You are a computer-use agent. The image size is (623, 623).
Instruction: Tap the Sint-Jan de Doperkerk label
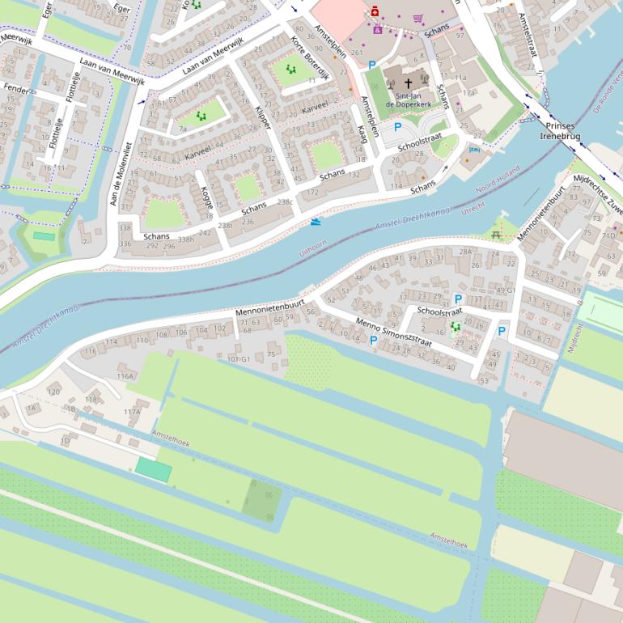click(407, 100)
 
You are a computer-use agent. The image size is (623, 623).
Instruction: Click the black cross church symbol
click(409, 83)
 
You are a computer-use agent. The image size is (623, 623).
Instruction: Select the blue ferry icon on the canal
click(315, 220)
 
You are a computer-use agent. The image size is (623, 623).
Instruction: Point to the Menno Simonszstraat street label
click(393, 332)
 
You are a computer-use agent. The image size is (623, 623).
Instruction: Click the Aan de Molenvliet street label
click(121, 172)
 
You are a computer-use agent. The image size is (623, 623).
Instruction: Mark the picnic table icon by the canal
click(497, 235)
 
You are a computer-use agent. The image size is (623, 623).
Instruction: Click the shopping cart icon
click(418, 19)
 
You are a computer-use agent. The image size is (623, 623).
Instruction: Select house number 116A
click(125, 376)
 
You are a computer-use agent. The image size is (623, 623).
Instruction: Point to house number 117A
click(132, 412)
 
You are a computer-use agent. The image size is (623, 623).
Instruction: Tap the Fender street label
click(15, 87)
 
